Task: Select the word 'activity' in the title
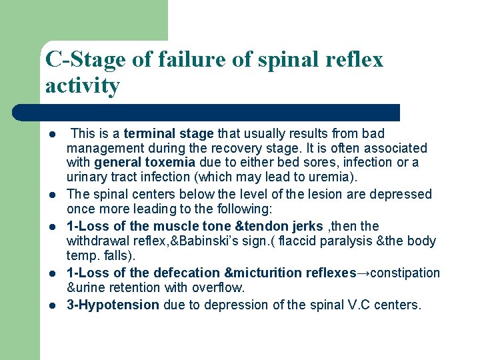pyautogui.click(x=83, y=86)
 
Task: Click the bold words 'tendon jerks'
pyautogui.click(x=285, y=227)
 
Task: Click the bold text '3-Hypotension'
pyautogui.click(x=113, y=305)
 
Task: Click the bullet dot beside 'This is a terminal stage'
pyautogui.click(x=51, y=134)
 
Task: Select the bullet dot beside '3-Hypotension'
pyautogui.click(x=51, y=306)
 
